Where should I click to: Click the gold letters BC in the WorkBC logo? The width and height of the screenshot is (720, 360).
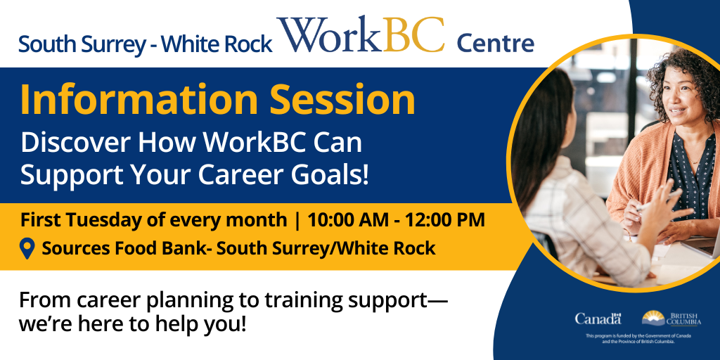[413, 35]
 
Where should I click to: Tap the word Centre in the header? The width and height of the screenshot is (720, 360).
[495, 44]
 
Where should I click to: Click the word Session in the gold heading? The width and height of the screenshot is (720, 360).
[342, 100]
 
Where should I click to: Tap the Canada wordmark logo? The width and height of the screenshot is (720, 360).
[598, 319]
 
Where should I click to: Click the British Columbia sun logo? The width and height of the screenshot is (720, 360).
[653, 319]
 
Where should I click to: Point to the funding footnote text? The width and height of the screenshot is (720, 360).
[638, 339]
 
